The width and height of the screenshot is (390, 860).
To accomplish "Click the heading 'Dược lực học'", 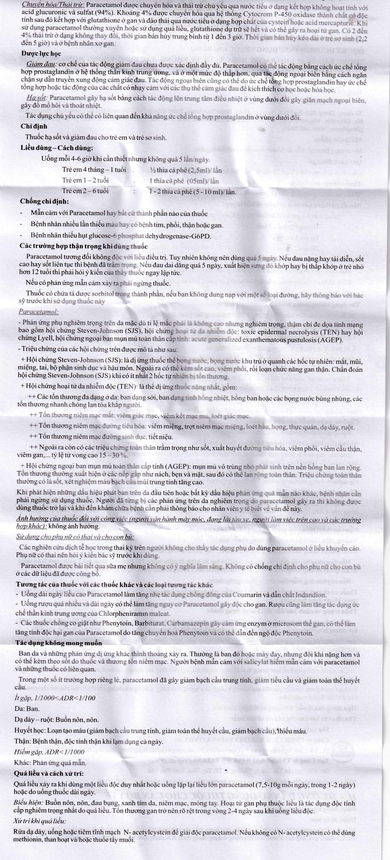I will [x=41, y=54].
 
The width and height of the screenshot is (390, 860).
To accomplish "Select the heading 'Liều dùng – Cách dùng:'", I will [x=57, y=148].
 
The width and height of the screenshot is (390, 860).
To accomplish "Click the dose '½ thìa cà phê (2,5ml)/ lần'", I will [x=186, y=170].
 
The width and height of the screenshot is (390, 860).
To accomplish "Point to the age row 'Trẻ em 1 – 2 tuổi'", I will [x=85, y=181].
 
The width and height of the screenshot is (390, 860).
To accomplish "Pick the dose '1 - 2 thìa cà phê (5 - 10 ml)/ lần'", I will [x=193, y=192].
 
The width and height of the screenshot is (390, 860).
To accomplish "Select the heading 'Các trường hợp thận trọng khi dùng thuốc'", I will [x=83, y=247].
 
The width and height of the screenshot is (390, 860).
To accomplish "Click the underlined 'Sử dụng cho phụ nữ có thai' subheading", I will [x=75, y=537].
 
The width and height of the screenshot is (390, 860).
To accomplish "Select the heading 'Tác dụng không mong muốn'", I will [x=59, y=643].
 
